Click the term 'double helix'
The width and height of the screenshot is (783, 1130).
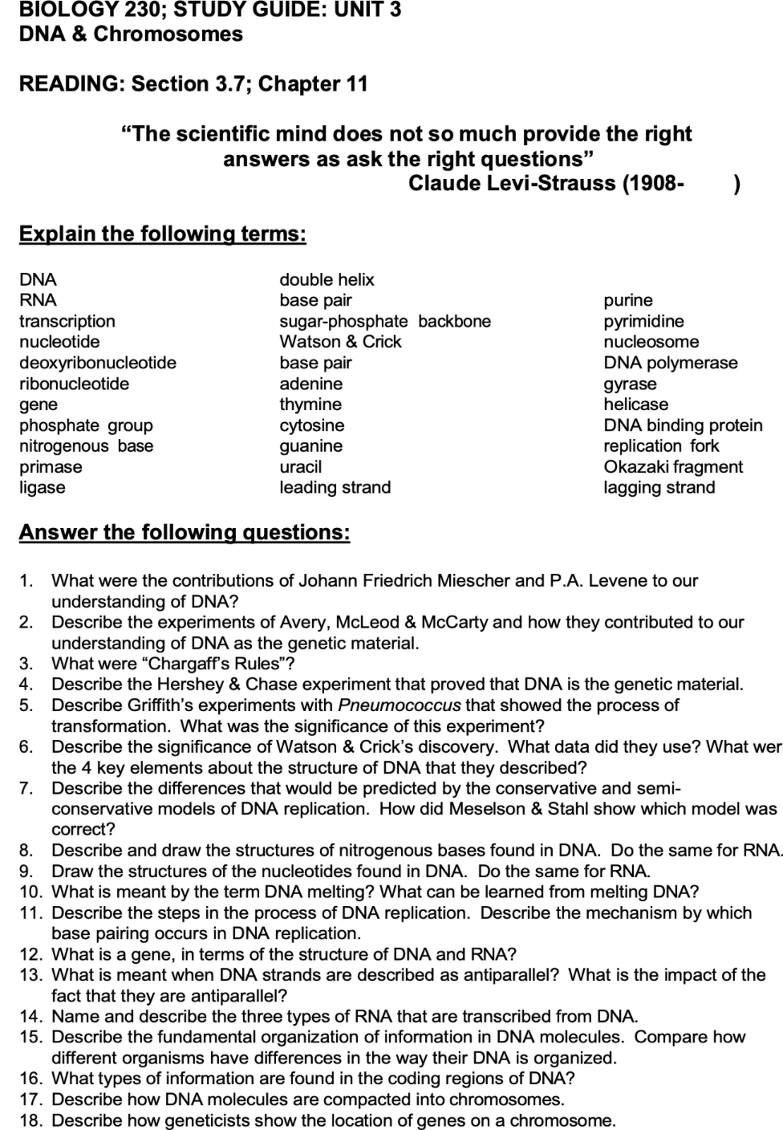click(x=327, y=279)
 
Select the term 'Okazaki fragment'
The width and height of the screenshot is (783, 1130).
click(x=673, y=466)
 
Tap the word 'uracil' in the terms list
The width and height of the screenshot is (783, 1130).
click(x=300, y=466)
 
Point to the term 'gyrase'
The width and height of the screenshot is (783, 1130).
click(x=630, y=384)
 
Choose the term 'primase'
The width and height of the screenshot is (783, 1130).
click(x=51, y=466)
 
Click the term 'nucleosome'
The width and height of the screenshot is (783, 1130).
click(x=651, y=342)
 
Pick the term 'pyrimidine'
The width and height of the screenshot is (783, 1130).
click(x=643, y=321)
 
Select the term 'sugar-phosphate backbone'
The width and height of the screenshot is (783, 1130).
click(x=384, y=321)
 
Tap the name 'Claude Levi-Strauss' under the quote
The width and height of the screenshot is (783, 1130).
click(x=513, y=184)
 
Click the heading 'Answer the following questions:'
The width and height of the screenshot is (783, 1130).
click(x=185, y=532)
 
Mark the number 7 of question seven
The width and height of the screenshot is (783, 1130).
click(x=26, y=788)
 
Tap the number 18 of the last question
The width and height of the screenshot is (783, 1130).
click(x=30, y=1120)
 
